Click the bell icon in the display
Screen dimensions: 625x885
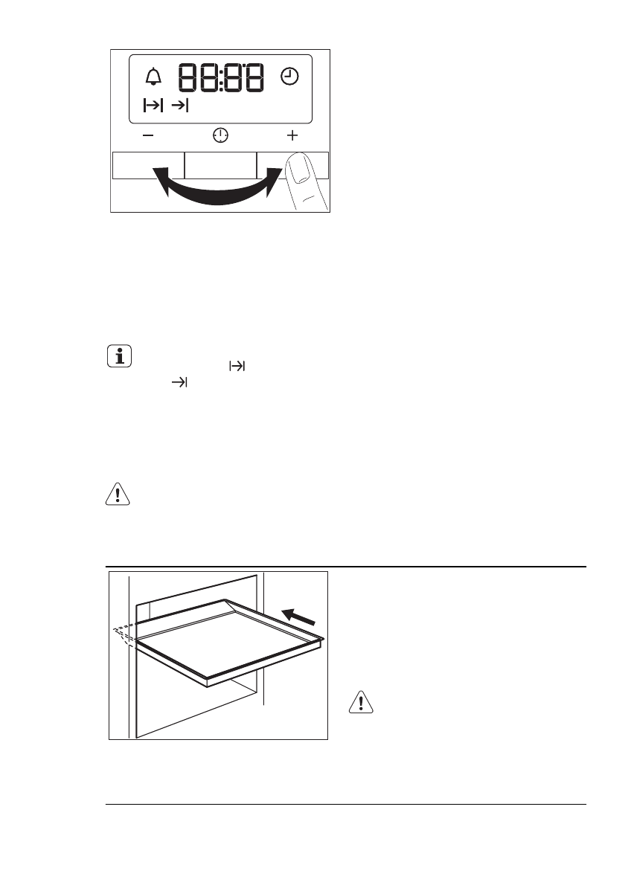(154, 76)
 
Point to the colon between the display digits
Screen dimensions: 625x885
(222, 77)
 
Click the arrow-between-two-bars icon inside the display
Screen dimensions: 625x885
(153, 106)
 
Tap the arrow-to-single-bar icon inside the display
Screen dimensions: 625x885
(179, 106)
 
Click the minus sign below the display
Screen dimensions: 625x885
(148, 135)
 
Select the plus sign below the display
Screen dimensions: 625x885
(292, 135)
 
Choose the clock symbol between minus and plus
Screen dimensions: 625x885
(220, 135)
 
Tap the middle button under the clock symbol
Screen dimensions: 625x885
(220, 165)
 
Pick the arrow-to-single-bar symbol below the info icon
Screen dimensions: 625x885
(179, 382)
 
